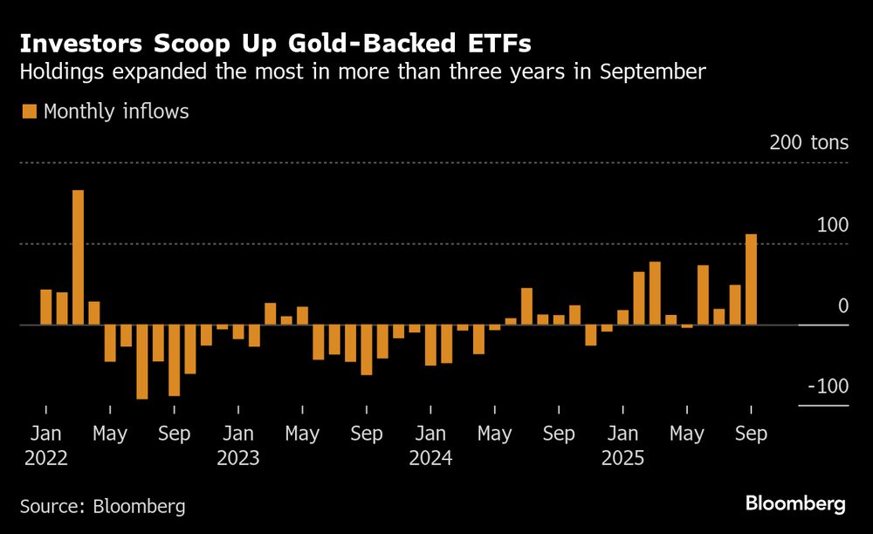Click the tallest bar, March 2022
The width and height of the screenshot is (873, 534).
78,257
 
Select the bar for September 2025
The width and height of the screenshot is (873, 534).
751,279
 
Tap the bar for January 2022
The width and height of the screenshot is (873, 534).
46,307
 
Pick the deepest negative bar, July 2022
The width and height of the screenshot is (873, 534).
142,362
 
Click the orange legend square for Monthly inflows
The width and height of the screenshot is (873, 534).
30,112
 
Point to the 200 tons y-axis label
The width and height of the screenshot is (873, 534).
808,142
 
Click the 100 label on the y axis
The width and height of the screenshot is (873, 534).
832,224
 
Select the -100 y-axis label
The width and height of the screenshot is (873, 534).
826,387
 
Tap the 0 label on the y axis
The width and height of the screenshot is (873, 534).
843,305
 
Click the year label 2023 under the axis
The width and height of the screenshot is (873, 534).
238,457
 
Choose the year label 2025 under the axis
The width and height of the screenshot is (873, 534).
623,457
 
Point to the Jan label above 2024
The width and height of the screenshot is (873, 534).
431,433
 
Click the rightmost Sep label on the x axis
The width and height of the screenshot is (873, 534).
751,433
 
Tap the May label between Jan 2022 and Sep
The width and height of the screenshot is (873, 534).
110,433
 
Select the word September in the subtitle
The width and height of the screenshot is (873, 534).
652,72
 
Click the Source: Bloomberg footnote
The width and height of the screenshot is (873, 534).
103,506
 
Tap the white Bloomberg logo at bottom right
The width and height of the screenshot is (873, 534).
795,503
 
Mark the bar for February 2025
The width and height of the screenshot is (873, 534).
639,298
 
